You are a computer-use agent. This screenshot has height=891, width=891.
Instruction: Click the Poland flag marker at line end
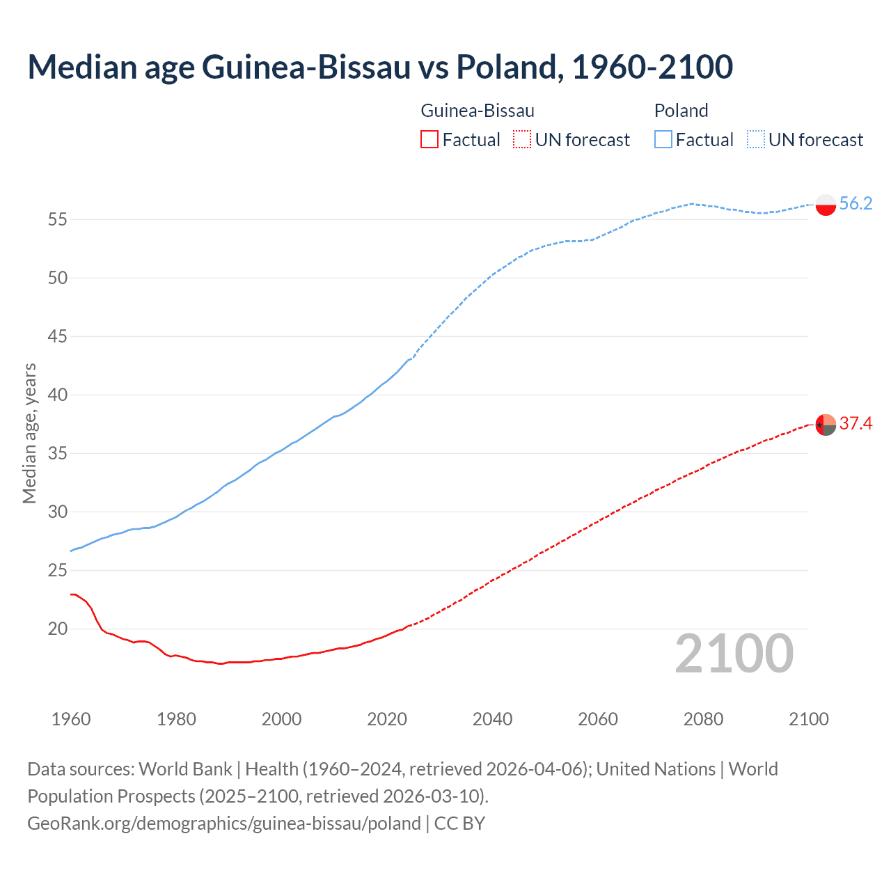pyautogui.click(x=825, y=205)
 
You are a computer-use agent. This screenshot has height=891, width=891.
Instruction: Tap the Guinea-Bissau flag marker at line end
pyautogui.click(x=825, y=424)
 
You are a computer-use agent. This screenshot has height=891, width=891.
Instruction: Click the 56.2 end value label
pyautogui.click(x=855, y=203)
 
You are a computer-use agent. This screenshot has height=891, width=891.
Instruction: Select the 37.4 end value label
pyautogui.click(x=855, y=423)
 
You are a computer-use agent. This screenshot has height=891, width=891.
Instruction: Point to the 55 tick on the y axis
pyautogui.click(x=57, y=219)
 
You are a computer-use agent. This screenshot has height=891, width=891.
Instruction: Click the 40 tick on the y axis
pyautogui.click(x=57, y=395)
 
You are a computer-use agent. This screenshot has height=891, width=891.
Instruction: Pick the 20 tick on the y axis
pyautogui.click(x=57, y=629)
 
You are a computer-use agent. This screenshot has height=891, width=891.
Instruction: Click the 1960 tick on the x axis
pyautogui.click(x=71, y=719)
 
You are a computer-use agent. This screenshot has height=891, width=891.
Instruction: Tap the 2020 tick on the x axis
pyautogui.click(x=387, y=719)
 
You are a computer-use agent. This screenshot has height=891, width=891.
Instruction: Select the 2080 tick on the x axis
pyautogui.click(x=703, y=719)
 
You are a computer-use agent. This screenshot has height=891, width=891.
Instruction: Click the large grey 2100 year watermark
pyautogui.click(x=734, y=654)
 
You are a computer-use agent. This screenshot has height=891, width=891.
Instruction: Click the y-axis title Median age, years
pyautogui.click(x=29, y=433)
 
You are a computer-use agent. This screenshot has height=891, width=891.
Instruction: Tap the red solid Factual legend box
pyautogui.click(x=429, y=140)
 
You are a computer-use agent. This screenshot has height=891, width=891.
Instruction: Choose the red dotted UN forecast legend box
pyautogui.click(x=522, y=140)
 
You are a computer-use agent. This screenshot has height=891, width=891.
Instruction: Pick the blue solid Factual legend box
pyautogui.click(x=663, y=140)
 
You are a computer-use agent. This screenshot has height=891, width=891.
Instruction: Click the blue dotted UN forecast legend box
pyautogui.click(x=755, y=140)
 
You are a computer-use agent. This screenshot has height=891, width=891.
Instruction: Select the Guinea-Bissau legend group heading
pyautogui.click(x=478, y=111)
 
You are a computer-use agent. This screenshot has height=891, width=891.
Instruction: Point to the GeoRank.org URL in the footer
pyautogui.click(x=223, y=823)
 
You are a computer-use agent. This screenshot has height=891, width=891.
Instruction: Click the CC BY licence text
pyautogui.click(x=459, y=823)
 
